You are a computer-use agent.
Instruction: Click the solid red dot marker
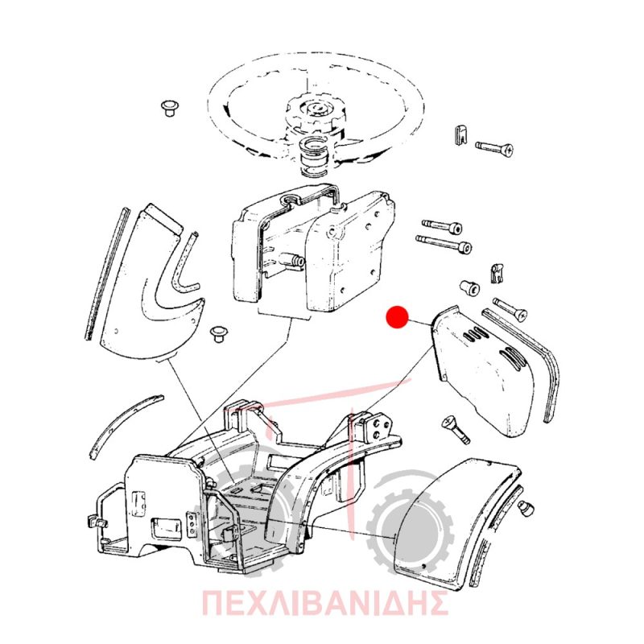tap(397, 317)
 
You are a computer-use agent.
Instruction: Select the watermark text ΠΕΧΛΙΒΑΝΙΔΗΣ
tap(324, 602)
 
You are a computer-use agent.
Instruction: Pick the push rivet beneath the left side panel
tap(218, 334)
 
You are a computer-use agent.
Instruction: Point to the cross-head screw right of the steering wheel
tap(495, 147)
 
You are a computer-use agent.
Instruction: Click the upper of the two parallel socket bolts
tap(442, 226)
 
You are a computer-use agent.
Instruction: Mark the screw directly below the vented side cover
tap(456, 430)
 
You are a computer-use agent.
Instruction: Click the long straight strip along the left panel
tap(106, 274)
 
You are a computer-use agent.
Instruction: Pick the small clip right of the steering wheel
tap(461, 134)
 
